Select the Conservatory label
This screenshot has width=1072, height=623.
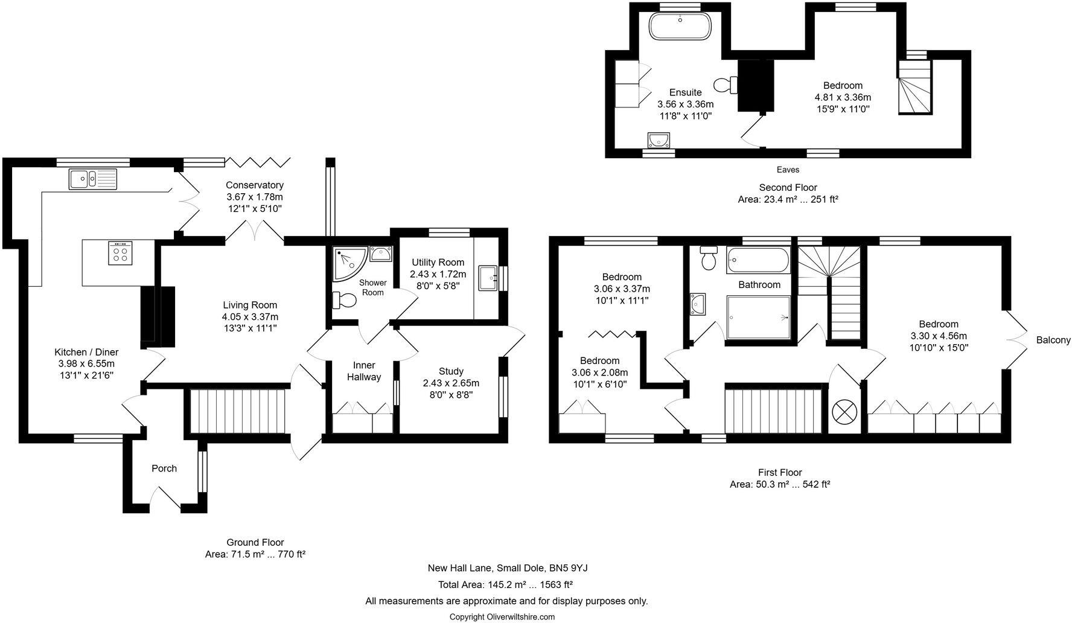[x=254, y=185]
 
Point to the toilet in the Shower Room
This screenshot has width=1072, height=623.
[x=345, y=300]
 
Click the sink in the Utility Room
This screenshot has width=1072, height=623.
[x=487, y=278]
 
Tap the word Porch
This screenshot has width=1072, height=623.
[x=164, y=468]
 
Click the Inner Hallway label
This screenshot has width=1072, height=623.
[x=364, y=371]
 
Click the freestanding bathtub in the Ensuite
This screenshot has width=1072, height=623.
[x=680, y=27]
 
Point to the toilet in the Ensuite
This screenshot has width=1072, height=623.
[x=725, y=85]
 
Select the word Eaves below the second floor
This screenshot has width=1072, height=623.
[x=788, y=170]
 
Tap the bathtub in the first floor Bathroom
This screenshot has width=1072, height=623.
[x=758, y=261]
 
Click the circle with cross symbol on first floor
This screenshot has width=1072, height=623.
[x=844, y=412]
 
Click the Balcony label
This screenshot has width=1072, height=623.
[x=1053, y=340]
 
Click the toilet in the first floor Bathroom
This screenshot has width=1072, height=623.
[x=708, y=258]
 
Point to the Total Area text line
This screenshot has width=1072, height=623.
[x=505, y=584]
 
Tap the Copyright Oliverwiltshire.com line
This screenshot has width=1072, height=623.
[x=502, y=616]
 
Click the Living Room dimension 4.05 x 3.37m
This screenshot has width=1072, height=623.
[x=250, y=316]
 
